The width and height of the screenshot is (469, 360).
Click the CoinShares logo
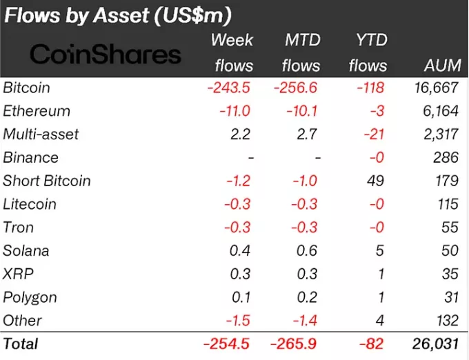(x=105, y=54)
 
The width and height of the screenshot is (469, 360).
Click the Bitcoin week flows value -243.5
(x=227, y=88)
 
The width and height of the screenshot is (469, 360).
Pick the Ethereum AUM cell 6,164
(x=439, y=111)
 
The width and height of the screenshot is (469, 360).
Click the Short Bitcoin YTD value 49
(x=378, y=181)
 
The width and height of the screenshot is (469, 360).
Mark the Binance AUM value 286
(x=446, y=157)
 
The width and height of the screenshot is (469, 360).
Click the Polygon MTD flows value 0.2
(x=308, y=297)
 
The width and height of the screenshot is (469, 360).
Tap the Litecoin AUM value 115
(x=446, y=204)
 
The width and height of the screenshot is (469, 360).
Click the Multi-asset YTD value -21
(x=375, y=134)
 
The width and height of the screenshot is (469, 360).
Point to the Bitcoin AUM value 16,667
(x=435, y=88)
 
